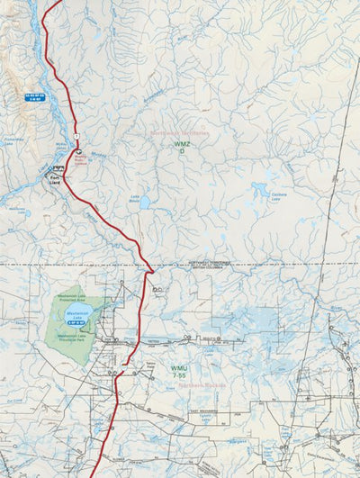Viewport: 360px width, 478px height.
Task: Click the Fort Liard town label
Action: pos(56,179)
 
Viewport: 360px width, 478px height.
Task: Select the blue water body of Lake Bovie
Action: pos(144,203)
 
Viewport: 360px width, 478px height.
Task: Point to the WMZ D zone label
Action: pos(182,147)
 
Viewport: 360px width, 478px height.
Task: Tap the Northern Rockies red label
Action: pos(200,384)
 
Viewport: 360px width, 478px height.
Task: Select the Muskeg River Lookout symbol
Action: pos(78,151)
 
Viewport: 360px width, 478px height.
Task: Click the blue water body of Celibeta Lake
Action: pos(262,190)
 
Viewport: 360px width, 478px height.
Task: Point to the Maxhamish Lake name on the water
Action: pos(77,313)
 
